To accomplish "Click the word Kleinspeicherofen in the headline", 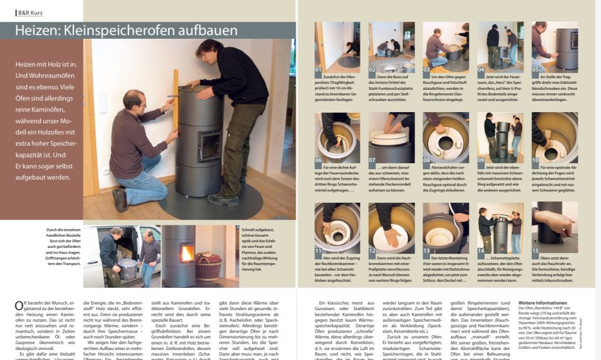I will tap(124, 31).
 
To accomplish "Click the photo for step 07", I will tap(391, 136).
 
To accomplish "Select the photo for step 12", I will tap(391, 226).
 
